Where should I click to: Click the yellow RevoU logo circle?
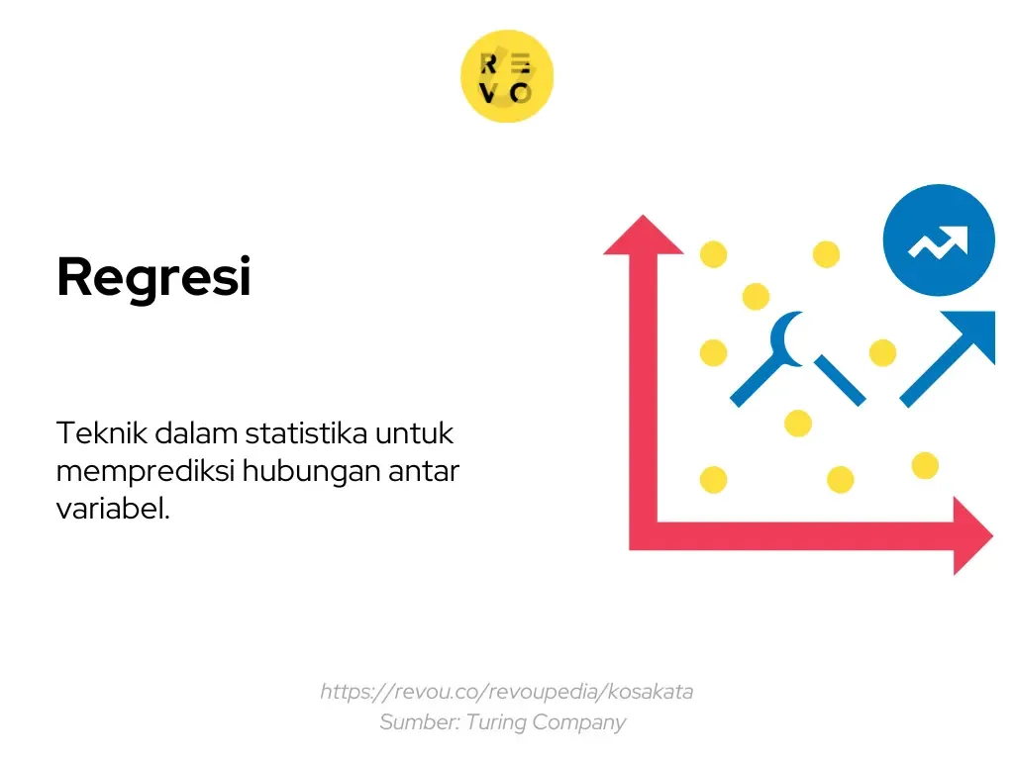(507, 76)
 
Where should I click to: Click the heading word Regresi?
(153, 277)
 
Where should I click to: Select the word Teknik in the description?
(94, 433)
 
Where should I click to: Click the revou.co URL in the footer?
(506, 691)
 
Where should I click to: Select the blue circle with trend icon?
(938, 240)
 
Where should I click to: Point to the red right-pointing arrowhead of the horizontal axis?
(971, 535)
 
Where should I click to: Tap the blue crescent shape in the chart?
(789, 337)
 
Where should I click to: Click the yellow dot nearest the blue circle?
(826, 254)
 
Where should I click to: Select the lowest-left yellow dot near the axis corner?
(713, 480)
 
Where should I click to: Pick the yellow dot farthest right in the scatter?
(925, 465)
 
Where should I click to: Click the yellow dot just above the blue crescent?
(756, 296)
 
